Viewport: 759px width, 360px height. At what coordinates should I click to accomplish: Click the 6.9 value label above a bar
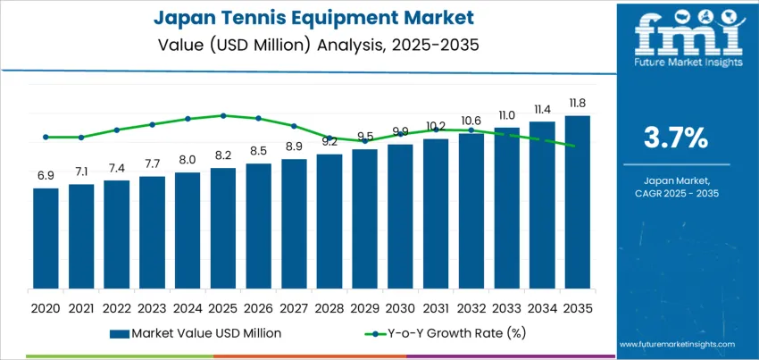(x=46, y=176)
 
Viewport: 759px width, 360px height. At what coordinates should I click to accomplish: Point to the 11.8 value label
(x=577, y=104)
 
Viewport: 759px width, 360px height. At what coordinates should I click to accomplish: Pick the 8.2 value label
(x=223, y=155)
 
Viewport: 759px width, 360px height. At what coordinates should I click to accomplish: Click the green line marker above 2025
(x=223, y=115)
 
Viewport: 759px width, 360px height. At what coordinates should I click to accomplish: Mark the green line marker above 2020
(x=46, y=137)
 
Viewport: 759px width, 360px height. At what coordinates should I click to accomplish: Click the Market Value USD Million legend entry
(x=196, y=333)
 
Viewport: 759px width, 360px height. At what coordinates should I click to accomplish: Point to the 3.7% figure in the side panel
(x=676, y=138)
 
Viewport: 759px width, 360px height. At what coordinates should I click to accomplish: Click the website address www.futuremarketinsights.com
(x=676, y=344)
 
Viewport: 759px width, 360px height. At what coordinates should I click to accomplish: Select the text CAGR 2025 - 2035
(x=676, y=193)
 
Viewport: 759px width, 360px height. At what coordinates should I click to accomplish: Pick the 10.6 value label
(x=471, y=121)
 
